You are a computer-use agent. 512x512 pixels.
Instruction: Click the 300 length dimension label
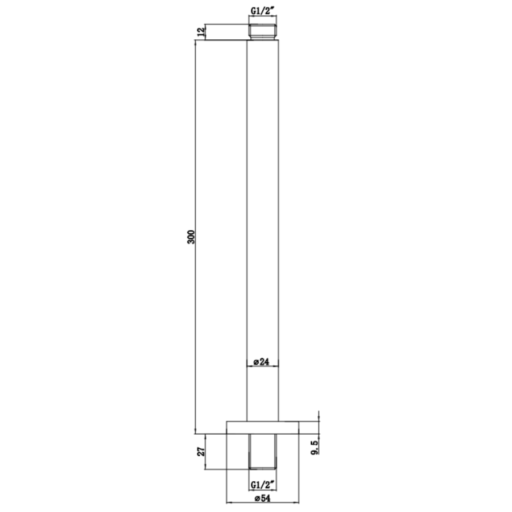pos(191,237)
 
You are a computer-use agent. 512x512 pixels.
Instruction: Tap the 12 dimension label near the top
pos(201,32)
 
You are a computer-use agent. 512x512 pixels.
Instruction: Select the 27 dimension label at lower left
pos(202,452)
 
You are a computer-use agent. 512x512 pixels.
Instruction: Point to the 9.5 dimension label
pos(315,448)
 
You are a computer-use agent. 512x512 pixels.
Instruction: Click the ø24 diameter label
pos(261,362)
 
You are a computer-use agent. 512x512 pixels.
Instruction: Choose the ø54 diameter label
pos(262,498)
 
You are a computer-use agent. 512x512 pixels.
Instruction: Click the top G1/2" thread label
pos(263,11)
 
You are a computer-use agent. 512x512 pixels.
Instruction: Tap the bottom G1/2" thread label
pos(263,485)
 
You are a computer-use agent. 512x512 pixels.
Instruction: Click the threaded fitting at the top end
pos(263,32)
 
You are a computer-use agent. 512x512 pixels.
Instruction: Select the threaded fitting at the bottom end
pos(263,452)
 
